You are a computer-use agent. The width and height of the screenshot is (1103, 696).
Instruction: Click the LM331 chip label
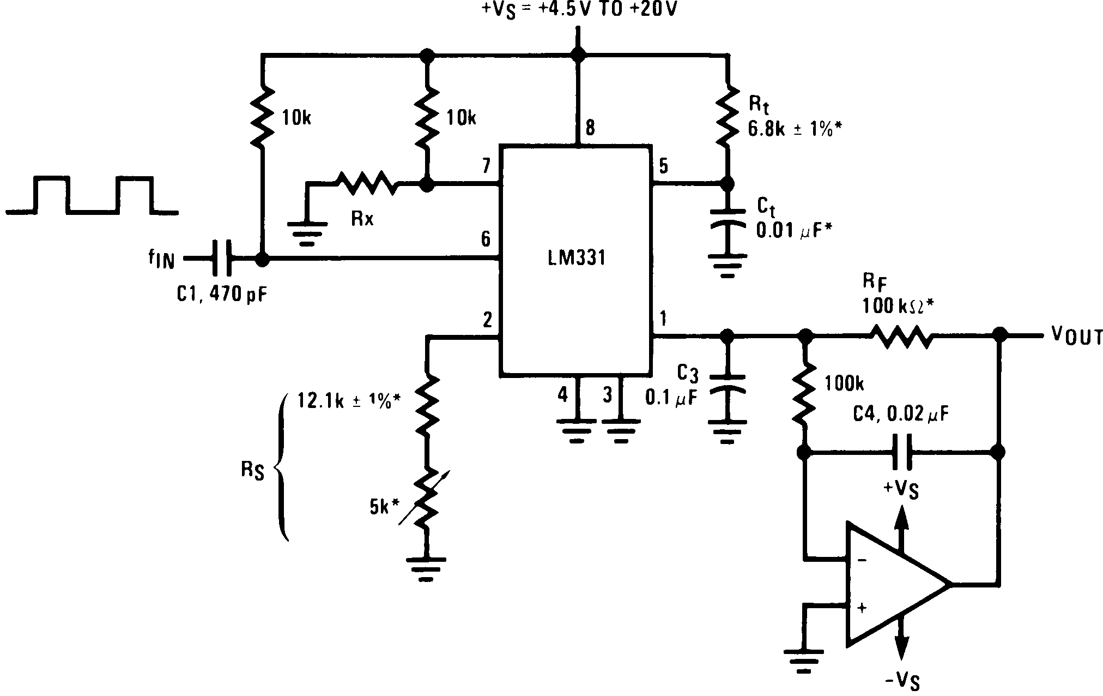click(x=576, y=257)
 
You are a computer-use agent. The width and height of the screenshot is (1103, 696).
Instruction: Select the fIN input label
click(x=161, y=260)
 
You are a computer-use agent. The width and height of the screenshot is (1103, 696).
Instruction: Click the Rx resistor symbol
click(x=367, y=183)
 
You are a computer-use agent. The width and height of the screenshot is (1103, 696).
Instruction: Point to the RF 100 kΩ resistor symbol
click(x=901, y=336)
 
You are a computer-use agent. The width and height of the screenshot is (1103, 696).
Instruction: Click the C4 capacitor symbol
click(x=902, y=452)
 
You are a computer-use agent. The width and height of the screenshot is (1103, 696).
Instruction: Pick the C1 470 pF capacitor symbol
click(x=221, y=260)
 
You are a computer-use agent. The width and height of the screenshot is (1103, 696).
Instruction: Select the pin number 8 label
click(x=590, y=129)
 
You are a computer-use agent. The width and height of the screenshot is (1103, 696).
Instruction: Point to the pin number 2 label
click(x=487, y=320)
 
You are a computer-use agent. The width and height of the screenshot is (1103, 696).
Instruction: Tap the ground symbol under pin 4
click(x=577, y=431)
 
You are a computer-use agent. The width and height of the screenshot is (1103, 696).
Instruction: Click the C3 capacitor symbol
click(x=727, y=383)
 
